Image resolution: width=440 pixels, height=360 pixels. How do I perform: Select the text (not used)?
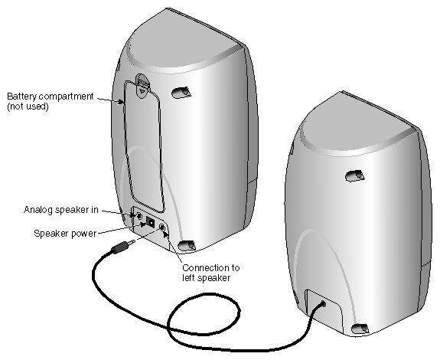28,106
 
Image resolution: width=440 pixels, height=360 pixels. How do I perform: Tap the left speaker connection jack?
162,229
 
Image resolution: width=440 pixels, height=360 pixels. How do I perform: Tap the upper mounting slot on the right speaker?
354,176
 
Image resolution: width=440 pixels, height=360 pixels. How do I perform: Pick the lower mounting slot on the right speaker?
360,329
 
